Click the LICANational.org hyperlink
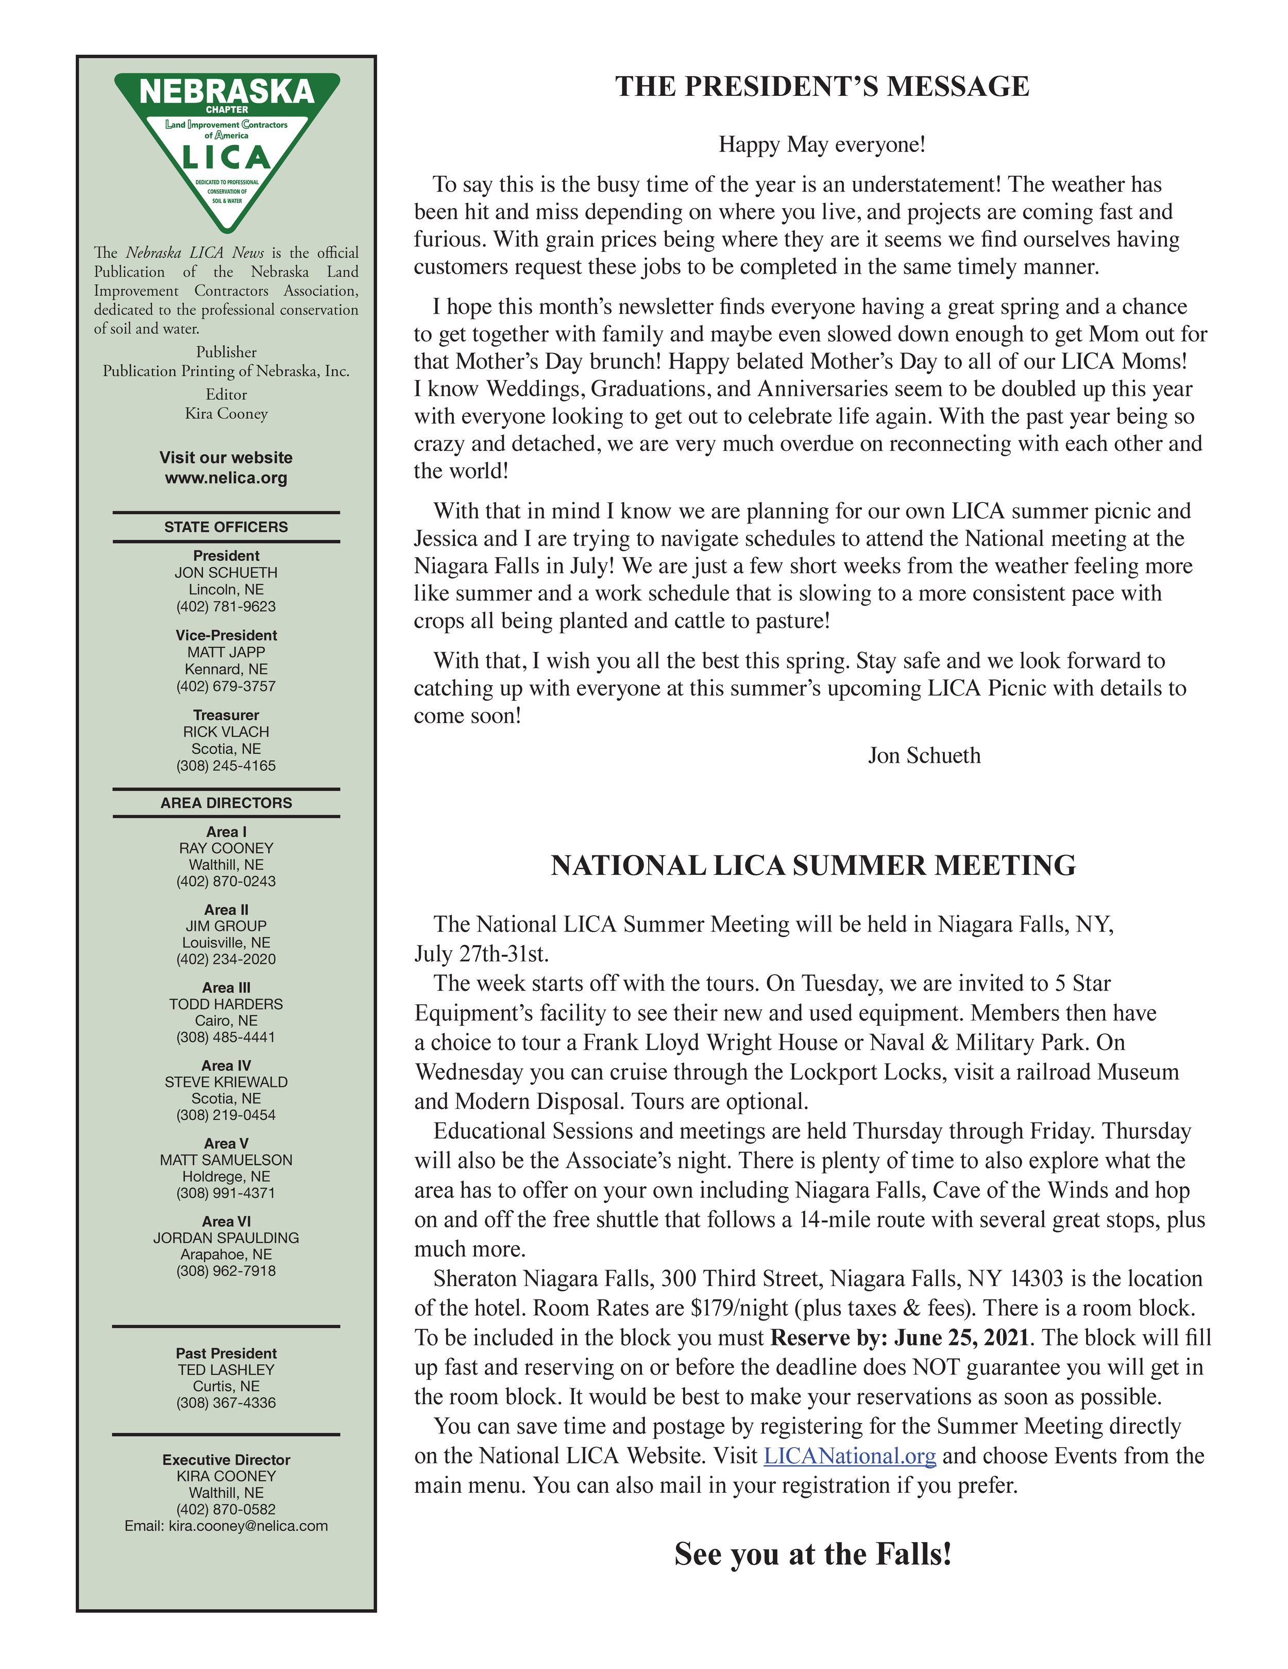coord(850,1456)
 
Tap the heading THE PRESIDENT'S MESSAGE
coord(822,87)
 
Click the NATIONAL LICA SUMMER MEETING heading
coord(813,865)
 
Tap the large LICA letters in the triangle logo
coord(227,158)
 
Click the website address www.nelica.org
coord(226,478)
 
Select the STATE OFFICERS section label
coord(226,527)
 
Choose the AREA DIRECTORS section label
coord(226,802)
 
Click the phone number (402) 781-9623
coord(226,606)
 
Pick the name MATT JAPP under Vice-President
coord(226,652)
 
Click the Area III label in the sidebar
coord(226,987)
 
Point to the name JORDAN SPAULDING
coord(226,1237)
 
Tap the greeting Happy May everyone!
coord(822,144)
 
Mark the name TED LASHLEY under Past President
coord(226,1370)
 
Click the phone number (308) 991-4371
coord(226,1192)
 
